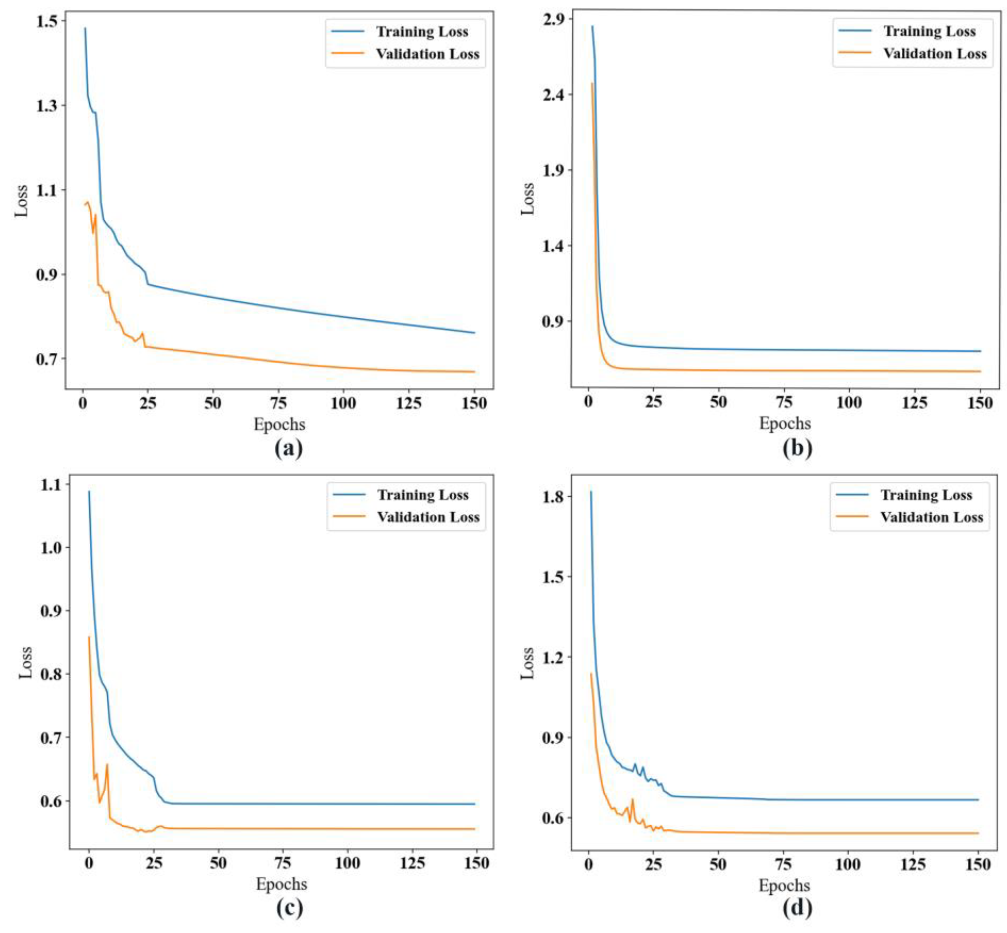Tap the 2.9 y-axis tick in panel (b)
tap(553, 19)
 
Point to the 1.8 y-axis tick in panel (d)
tap(553, 497)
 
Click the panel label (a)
tap(289, 448)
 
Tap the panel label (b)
tap(797, 448)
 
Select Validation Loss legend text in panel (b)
tap(934, 54)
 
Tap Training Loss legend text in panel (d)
tap(926, 495)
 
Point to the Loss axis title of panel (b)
tap(527, 199)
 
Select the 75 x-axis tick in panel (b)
tap(784, 402)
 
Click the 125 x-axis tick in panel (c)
tap(412, 863)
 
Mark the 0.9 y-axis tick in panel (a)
tap(47, 275)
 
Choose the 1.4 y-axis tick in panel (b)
tap(553, 246)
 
